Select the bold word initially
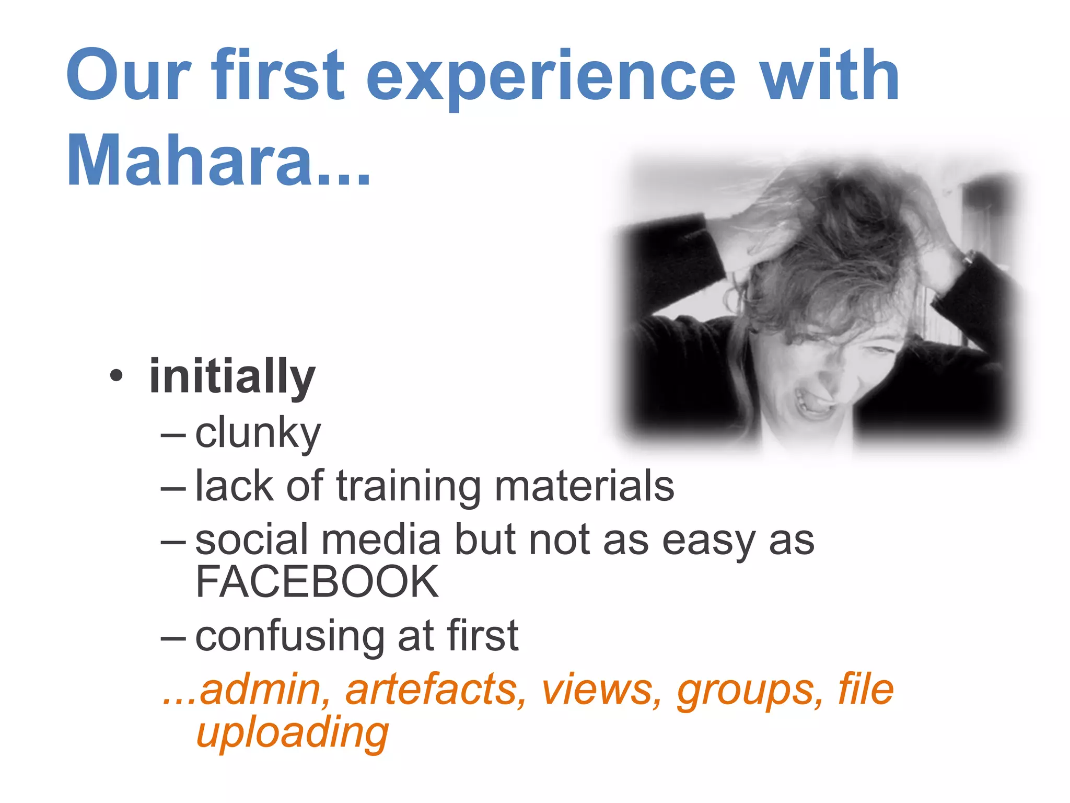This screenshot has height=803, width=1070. tap(232, 376)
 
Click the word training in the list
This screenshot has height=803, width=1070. tap(408, 486)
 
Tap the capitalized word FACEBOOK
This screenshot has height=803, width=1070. tap(317, 582)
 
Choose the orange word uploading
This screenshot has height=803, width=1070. tap(292, 732)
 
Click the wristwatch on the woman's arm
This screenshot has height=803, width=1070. tap(968, 257)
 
